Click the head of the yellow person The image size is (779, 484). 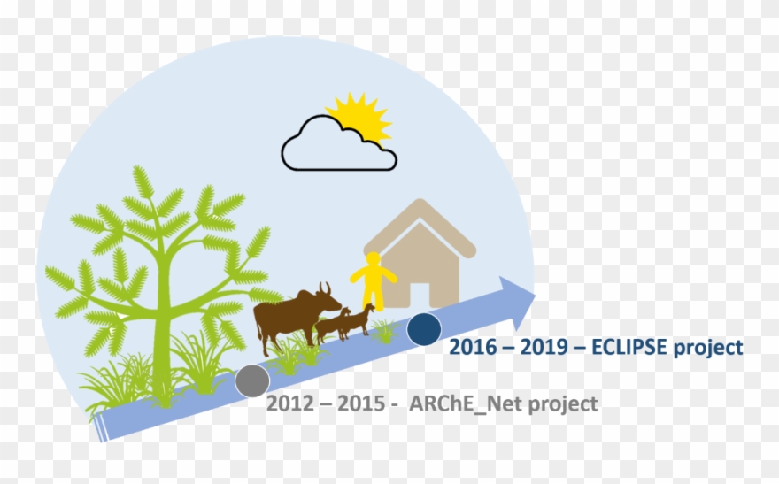pyautogui.click(x=374, y=259)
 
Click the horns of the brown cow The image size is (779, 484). pyautogui.click(x=326, y=288)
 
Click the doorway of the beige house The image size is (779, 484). pyautogui.click(x=419, y=293)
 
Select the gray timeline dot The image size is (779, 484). pyautogui.click(x=252, y=380)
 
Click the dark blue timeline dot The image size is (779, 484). pyautogui.click(x=424, y=328)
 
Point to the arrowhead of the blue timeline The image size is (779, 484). pyautogui.click(x=519, y=295)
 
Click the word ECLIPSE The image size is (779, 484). pyautogui.click(x=632, y=348)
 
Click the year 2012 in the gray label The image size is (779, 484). pyautogui.click(x=289, y=404)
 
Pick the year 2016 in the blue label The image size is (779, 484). pyautogui.click(x=473, y=348)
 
